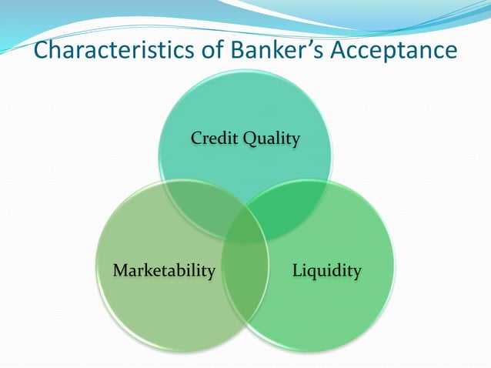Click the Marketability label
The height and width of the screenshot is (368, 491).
[163, 270]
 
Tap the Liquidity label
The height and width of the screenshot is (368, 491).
[326, 270]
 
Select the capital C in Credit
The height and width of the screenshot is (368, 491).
[196, 139]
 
